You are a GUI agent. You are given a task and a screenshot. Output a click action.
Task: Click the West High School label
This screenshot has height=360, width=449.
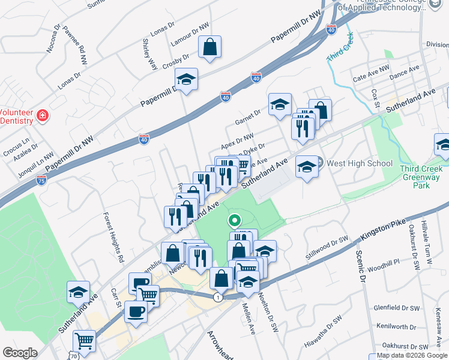click(360, 163)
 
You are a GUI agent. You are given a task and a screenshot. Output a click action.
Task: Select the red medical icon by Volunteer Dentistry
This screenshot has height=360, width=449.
click(43, 116)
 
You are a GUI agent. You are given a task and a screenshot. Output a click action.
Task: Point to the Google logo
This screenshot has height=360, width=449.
click(20, 353)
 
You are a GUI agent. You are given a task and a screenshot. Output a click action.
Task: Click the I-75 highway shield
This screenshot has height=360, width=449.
click(40, 181)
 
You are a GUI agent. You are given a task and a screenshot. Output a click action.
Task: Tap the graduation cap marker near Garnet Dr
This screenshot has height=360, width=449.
click(280, 104)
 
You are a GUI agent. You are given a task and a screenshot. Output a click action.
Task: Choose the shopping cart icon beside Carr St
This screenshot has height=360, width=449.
click(148, 294)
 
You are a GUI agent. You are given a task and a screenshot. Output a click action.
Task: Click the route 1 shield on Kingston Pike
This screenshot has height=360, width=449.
click(217, 297)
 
